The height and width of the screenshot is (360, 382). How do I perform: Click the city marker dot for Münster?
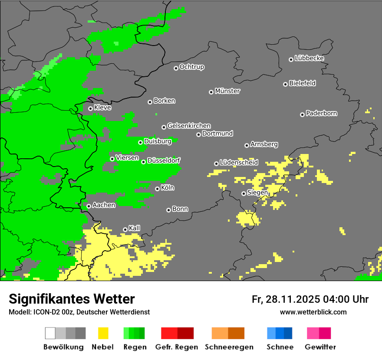tap(211, 92)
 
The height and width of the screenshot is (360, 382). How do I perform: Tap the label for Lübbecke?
tap(309, 58)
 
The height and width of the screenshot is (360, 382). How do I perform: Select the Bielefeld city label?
tap(302, 83)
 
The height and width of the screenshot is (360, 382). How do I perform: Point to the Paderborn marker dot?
tap(302, 115)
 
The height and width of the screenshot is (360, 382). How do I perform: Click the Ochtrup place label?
tap(191, 67)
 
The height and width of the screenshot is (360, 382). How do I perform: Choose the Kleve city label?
tap(102, 108)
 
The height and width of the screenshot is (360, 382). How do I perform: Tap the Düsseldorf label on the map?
tap(164, 160)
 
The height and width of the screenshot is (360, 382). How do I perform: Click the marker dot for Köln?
tap(157, 189)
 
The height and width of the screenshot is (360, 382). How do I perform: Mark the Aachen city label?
tap(104, 205)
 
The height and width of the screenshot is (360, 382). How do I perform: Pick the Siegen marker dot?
tap(244, 193)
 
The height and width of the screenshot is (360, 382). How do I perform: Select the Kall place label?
tap(134, 228)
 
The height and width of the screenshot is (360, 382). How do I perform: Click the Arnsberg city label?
tap(264, 144)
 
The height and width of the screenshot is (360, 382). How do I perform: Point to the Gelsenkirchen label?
tap(189, 126)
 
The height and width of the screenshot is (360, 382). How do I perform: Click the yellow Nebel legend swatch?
tap(103, 333)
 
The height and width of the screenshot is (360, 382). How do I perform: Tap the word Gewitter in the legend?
tap(320, 347)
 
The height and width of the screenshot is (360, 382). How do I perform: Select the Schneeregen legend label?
tap(229, 347)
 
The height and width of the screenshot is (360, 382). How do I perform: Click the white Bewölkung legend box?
tap(50, 333)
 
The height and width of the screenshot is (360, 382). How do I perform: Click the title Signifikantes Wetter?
tap(72, 299)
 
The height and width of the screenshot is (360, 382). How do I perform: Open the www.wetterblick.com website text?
tap(313, 312)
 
